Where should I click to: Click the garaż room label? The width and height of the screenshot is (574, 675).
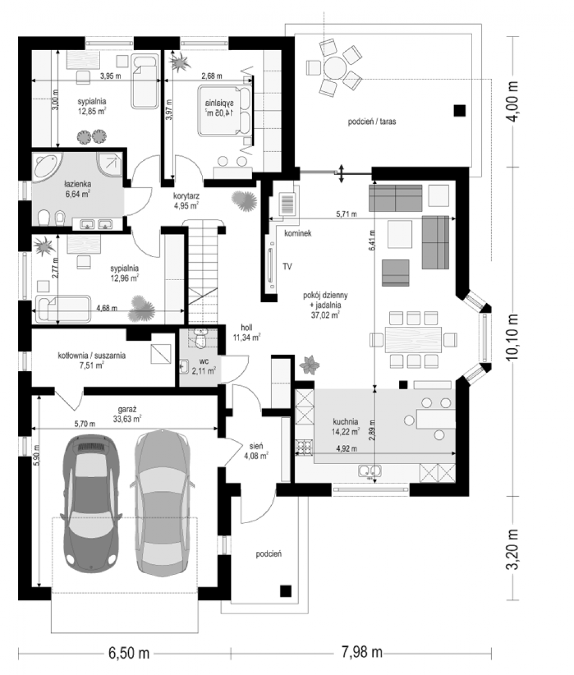tap(127, 414)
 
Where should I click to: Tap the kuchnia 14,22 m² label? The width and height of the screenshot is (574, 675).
tap(346, 426)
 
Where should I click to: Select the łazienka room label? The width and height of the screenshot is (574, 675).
tap(78, 189)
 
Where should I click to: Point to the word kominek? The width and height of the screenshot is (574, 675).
tap(298, 233)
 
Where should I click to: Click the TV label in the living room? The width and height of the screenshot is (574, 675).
tap(287, 267)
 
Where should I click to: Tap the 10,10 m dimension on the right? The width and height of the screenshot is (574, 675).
tap(513, 337)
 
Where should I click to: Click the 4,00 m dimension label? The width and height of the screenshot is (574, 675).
tap(513, 102)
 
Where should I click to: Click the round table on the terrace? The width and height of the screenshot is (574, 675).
tap(335, 67)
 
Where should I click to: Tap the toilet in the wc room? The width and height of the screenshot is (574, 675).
tap(200, 338)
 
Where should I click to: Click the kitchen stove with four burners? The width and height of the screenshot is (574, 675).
tap(304, 447)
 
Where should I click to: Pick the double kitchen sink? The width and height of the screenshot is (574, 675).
tap(370, 471)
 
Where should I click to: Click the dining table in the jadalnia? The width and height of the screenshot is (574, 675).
tap(413, 340)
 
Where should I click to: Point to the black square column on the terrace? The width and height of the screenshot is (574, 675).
tap(459, 111)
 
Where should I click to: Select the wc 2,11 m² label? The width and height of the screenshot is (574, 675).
tap(204, 366)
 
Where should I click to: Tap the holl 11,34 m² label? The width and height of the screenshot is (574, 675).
tap(246, 333)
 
